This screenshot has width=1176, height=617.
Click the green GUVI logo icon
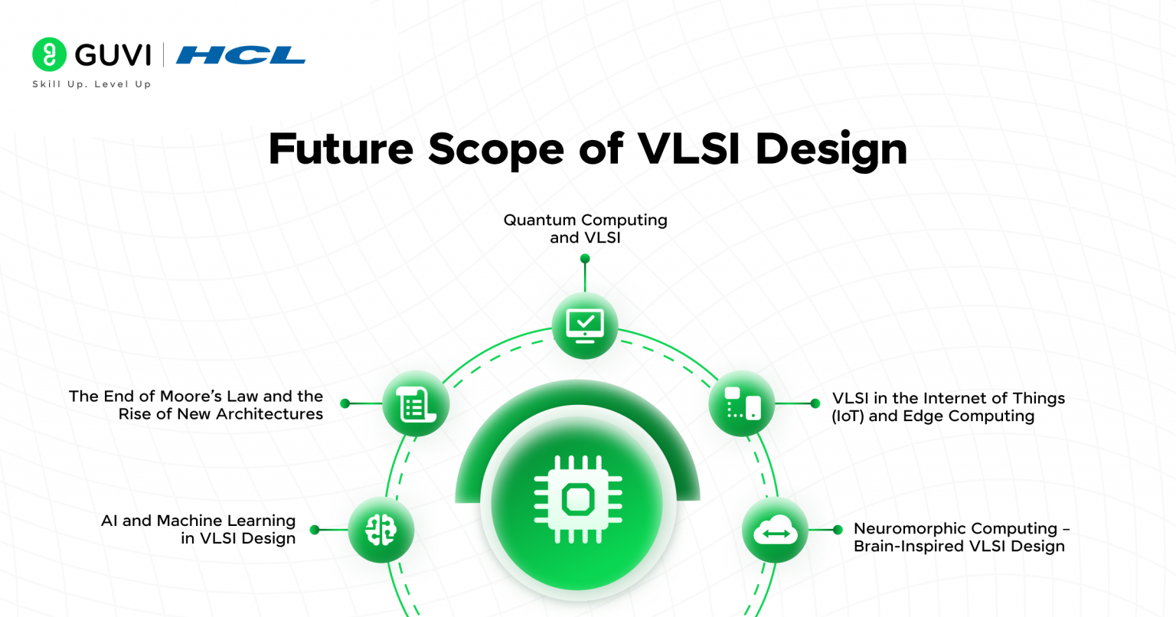[x=49, y=54]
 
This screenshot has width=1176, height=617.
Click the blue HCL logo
[x=240, y=55]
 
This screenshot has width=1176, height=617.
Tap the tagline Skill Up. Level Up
[x=92, y=84]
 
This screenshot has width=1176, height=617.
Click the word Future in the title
[x=340, y=149]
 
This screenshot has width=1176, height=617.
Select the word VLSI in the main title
[x=688, y=149]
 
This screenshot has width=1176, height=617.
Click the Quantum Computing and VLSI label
[x=585, y=229]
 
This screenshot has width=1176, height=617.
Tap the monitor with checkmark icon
[x=585, y=325]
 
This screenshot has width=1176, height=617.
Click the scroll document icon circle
[x=416, y=403]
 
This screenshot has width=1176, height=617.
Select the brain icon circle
[x=381, y=530]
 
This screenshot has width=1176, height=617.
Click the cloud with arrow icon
[x=775, y=530]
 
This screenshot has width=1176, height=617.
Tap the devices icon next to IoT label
[x=742, y=403]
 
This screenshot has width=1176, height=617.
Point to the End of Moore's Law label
[x=196, y=405]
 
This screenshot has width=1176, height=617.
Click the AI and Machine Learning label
[x=198, y=529]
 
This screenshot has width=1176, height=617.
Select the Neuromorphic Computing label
[x=960, y=537]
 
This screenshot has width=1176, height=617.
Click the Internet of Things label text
[x=948, y=406]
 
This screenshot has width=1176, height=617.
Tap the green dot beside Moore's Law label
[x=345, y=403]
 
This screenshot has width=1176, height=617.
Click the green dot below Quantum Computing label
[x=585, y=259]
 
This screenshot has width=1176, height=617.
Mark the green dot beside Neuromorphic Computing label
[x=838, y=530]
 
